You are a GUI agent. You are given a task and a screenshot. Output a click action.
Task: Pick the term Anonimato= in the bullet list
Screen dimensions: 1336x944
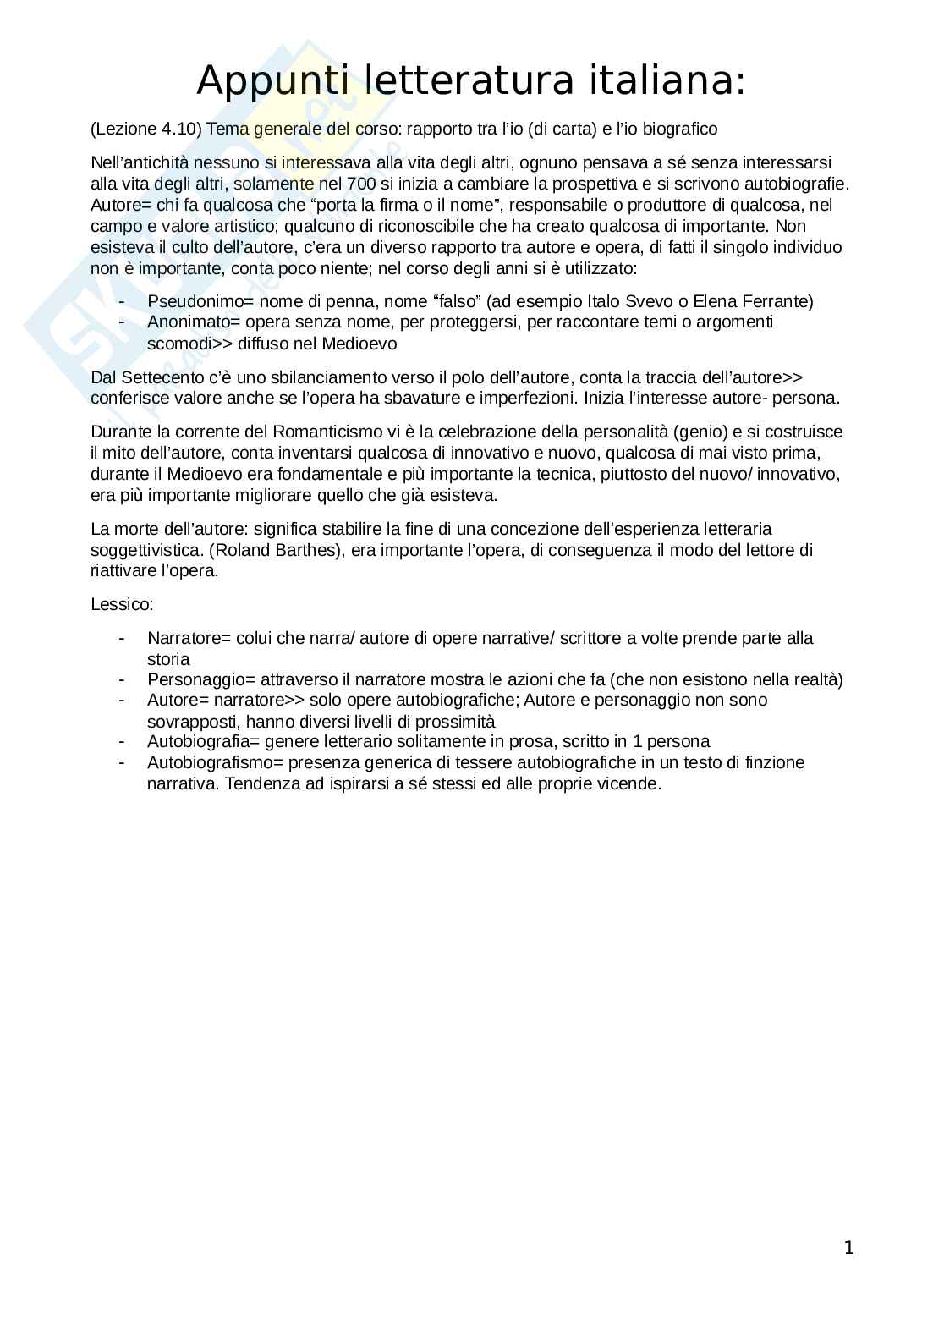tap(194, 322)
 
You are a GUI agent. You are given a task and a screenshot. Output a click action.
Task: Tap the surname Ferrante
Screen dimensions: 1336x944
tap(778, 301)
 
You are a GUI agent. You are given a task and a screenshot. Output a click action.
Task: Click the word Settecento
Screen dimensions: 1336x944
tap(156, 377)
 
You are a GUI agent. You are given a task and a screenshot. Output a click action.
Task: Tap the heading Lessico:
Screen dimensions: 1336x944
tap(122, 605)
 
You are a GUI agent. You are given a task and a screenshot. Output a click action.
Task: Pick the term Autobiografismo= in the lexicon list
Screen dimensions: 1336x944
tap(215, 762)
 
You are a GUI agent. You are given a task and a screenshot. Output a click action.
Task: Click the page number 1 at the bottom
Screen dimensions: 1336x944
tap(848, 1248)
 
